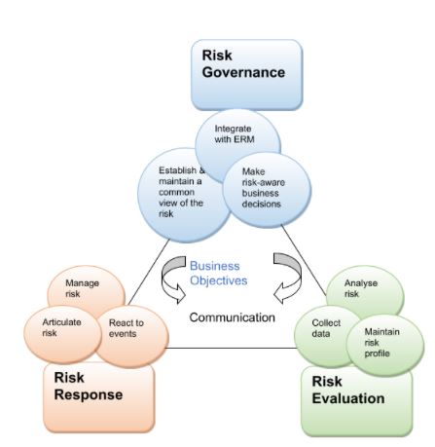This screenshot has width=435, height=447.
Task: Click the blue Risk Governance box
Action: pyautogui.click(x=246, y=75)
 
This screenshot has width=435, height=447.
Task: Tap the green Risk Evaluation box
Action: pyautogui.click(x=357, y=402)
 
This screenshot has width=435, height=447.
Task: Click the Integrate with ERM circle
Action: pyautogui.click(x=237, y=136)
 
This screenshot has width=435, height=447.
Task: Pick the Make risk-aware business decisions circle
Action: pyautogui.click(x=267, y=190)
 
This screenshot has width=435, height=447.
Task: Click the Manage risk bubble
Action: pyautogui.click(x=86, y=289)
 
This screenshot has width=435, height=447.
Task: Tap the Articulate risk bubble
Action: pyautogui.click(x=62, y=334)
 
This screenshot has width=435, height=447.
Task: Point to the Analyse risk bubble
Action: pyautogui.click(x=365, y=290)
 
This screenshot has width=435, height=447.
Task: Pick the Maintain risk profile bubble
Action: pyautogui.click(x=385, y=345)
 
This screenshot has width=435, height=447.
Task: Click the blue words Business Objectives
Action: pyautogui.click(x=218, y=273)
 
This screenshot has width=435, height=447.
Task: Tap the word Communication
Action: pyautogui.click(x=232, y=317)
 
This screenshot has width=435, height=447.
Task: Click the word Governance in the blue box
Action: pyautogui.click(x=243, y=73)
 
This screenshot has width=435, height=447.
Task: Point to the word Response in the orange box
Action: pyautogui.click(x=89, y=395)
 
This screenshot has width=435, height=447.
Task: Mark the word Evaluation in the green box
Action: pyautogui.click(x=348, y=398)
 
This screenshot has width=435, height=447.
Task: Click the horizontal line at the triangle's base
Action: pyautogui.click(x=232, y=349)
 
